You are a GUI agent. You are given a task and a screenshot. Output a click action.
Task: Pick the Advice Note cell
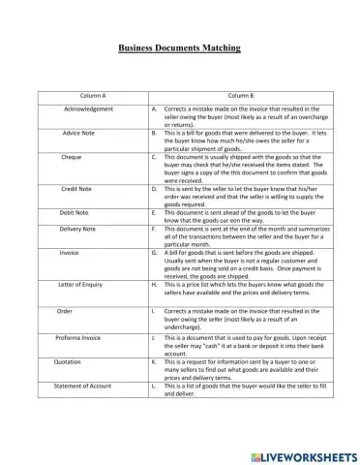point(78,131)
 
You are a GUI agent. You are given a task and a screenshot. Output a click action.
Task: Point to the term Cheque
point(72,155)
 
